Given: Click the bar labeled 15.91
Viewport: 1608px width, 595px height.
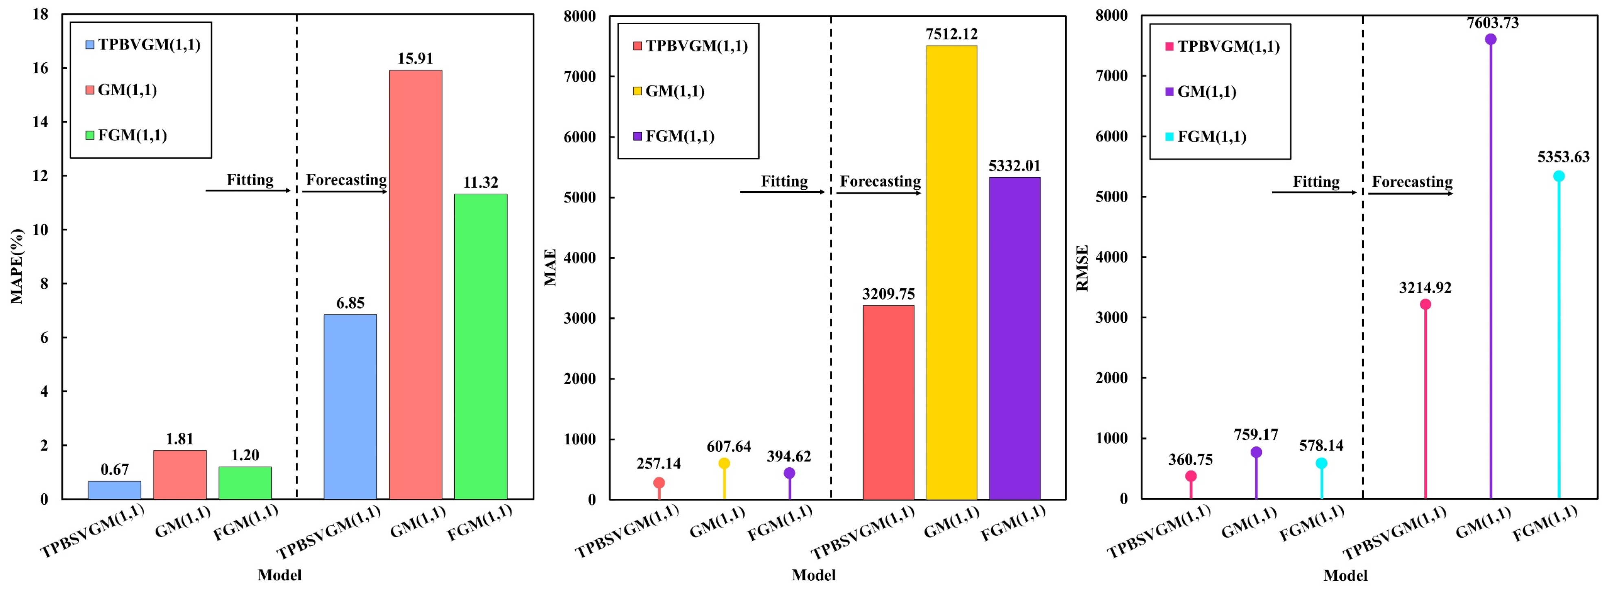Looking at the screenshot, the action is coord(415,285).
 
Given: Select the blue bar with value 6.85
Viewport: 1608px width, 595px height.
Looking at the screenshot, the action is coord(350,407).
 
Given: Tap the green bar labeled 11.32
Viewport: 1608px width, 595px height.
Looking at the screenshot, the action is coord(481,346).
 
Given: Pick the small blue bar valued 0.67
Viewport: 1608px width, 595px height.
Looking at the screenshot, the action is coord(115,490).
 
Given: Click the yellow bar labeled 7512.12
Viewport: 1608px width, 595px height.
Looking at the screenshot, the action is coord(951,272).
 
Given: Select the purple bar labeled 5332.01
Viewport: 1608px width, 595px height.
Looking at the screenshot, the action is coord(1015,338).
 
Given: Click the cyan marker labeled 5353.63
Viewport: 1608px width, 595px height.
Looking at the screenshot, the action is coord(1559,176).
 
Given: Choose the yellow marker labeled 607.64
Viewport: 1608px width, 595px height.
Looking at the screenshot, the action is coord(724,463).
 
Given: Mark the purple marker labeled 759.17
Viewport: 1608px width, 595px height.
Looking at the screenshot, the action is coord(1256,452).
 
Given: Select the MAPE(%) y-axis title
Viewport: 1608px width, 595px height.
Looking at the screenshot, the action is coord(17,266).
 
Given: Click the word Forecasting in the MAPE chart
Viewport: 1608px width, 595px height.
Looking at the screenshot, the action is coord(346,180).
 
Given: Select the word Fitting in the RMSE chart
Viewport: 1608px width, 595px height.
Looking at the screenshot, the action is coord(1316,182).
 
